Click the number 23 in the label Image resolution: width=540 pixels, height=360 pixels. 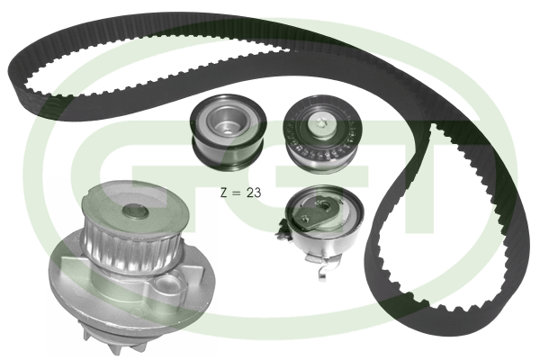[x=254, y=193]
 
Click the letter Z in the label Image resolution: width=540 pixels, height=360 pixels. [x=224, y=193]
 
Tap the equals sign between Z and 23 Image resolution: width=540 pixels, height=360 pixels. [x=236, y=193]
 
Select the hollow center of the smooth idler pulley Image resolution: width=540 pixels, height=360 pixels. [x=227, y=121]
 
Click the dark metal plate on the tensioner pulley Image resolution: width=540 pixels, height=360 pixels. [x=315, y=213]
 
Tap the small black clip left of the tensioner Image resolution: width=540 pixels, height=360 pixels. [x=283, y=230]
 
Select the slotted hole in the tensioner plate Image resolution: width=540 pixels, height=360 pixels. [x=325, y=206]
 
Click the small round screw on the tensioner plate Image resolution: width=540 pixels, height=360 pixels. [x=304, y=218]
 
